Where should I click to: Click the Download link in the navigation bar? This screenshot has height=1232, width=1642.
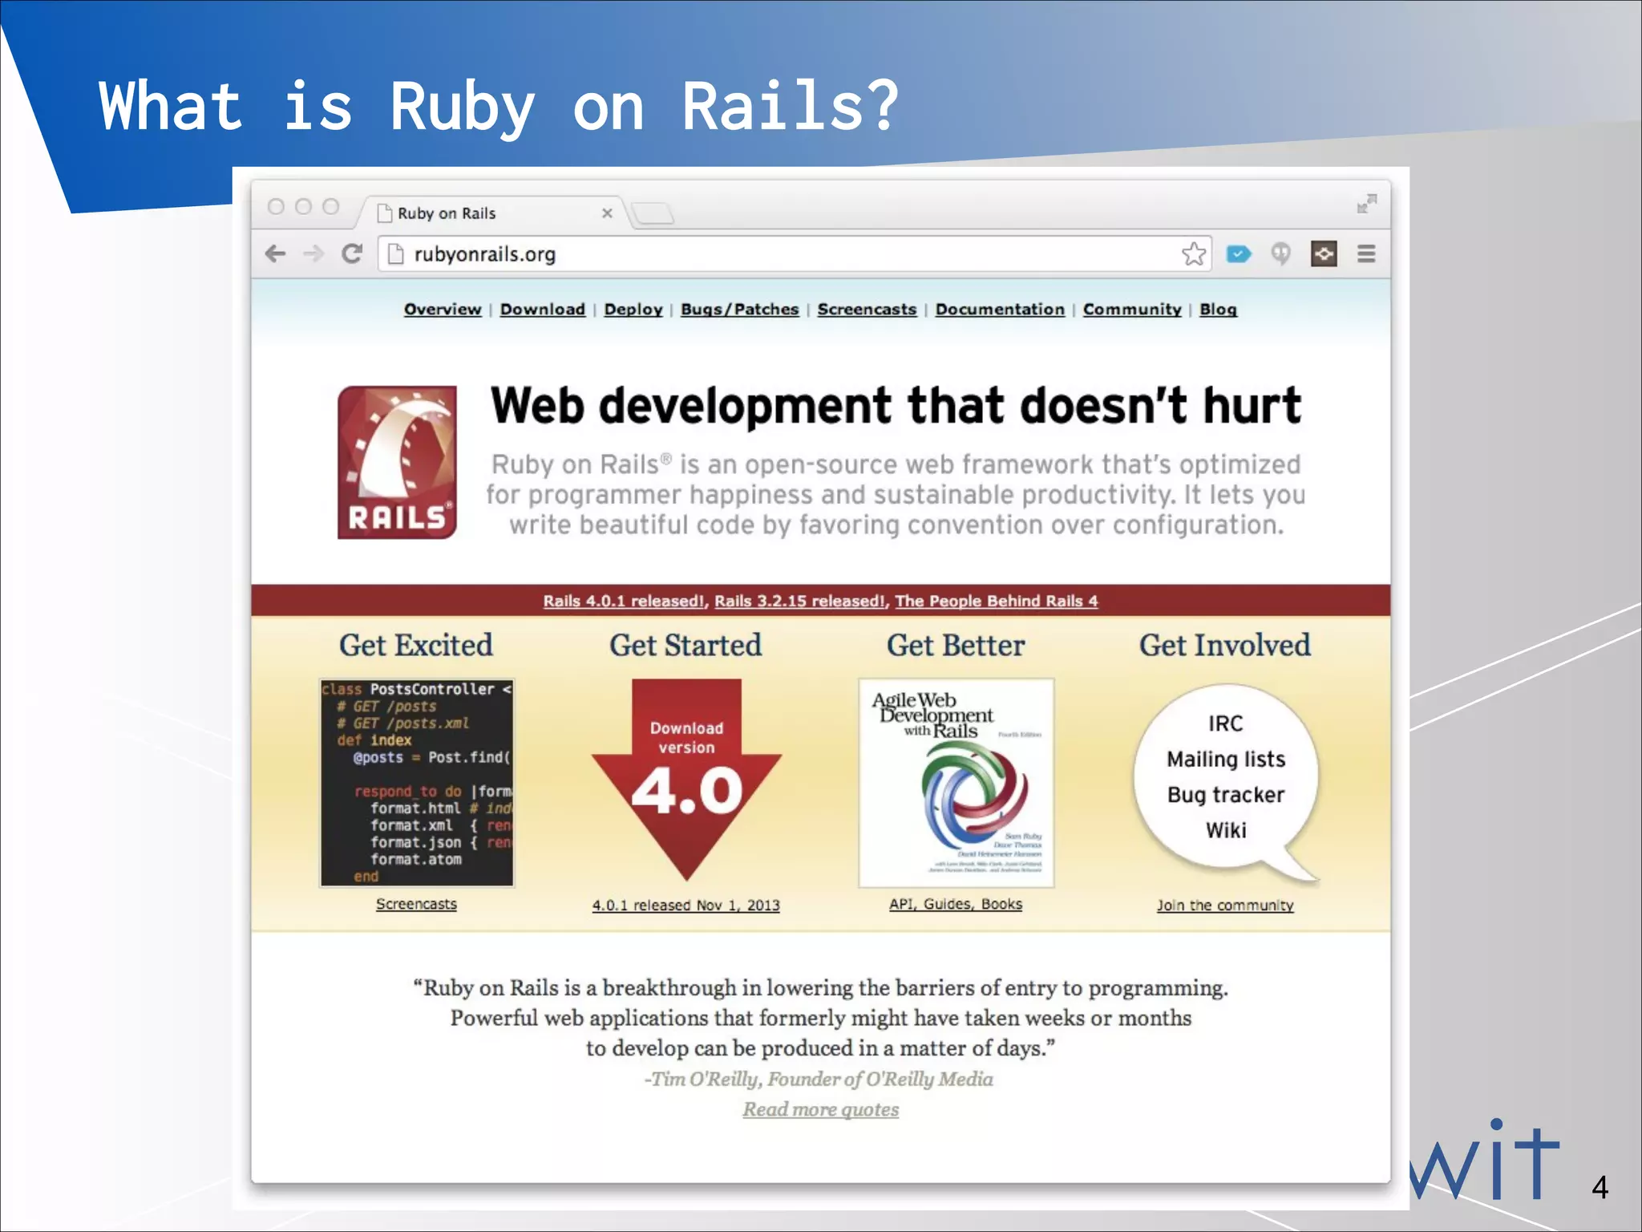[x=542, y=310]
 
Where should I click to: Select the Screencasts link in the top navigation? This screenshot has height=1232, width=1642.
[x=866, y=310]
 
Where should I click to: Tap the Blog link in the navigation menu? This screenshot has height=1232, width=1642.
[x=1217, y=310]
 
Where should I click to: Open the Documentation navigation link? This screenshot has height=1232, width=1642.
[x=999, y=310]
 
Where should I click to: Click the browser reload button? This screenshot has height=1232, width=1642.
[x=352, y=254]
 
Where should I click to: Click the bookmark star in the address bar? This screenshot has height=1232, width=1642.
[x=1193, y=254]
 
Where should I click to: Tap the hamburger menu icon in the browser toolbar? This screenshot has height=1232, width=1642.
[x=1366, y=254]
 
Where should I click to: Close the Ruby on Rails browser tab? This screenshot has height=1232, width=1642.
[x=607, y=213]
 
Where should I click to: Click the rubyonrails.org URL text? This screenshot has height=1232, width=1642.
[x=484, y=254]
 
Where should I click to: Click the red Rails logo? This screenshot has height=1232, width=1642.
[x=397, y=462]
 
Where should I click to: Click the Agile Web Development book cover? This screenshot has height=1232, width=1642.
[x=956, y=783]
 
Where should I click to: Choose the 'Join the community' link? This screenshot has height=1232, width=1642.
[x=1224, y=906]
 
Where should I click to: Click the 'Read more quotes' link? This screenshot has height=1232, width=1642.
[x=820, y=1109]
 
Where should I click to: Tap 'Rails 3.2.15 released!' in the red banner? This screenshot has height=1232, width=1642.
[x=799, y=601]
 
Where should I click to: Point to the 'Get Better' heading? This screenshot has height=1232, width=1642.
[x=955, y=646]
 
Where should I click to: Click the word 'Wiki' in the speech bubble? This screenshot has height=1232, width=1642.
[x=1226, y=830]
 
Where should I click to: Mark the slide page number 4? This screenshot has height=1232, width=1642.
[x=1600, y=1187]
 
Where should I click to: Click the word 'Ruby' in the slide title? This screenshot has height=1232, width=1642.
[x=463, y=107]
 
